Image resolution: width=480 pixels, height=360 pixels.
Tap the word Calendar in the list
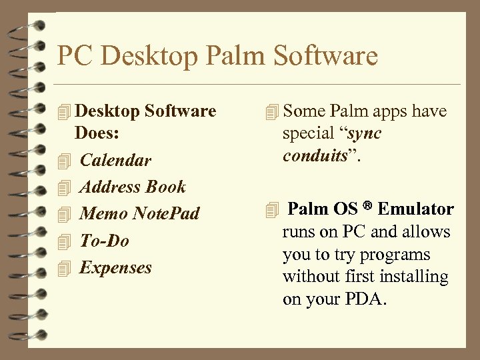(115, 161)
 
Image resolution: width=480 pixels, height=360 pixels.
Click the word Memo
(103, 214)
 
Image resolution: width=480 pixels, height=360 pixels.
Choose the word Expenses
(115, 267)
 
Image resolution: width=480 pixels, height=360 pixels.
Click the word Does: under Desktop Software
(97, 133)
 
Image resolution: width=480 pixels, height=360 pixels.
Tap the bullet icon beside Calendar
(63, 161)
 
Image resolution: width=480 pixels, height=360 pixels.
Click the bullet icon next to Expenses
(63, 268)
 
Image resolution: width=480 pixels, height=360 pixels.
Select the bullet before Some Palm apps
(271, 111)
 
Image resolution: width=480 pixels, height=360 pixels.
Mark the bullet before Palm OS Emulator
(271, 210)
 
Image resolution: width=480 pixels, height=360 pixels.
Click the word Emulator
(415, 209)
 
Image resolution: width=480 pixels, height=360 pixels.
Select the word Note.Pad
(166, 214)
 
